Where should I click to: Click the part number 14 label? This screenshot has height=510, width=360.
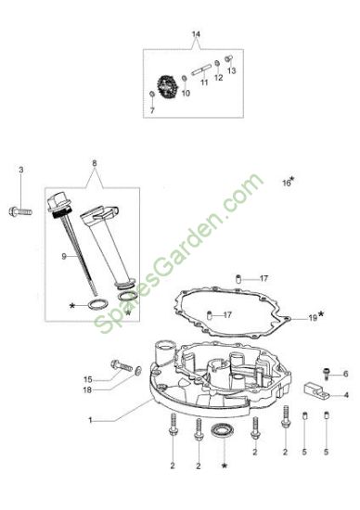click(x=196, y=34)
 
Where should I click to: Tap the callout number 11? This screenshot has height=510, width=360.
click(x=204, y=83)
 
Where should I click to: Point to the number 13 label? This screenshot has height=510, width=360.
click(x=231, y=70)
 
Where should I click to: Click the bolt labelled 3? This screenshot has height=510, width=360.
click(x=20, y=211)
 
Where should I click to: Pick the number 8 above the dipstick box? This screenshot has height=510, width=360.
click(x=95, y=163)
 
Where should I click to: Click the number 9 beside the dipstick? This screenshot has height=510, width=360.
click(x=64, y=257)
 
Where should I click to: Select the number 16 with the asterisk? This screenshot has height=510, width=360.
click(x=287, y=183)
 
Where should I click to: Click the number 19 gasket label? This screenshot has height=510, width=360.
click(x=313, y=318)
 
